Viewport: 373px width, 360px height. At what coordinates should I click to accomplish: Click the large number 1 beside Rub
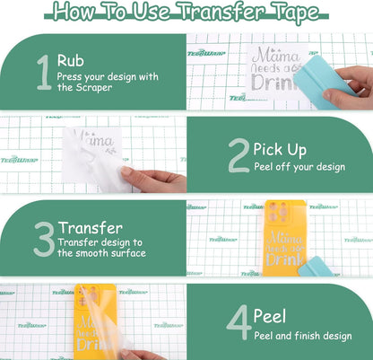[x=44, y=74]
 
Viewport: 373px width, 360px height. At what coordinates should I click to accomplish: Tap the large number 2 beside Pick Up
[x=238, y=154]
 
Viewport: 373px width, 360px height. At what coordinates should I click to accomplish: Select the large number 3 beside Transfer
[x=44, y=240]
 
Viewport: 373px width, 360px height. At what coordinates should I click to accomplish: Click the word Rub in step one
[x=70, y=61]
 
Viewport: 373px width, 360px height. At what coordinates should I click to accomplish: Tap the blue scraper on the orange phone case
[x=320, y=266]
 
